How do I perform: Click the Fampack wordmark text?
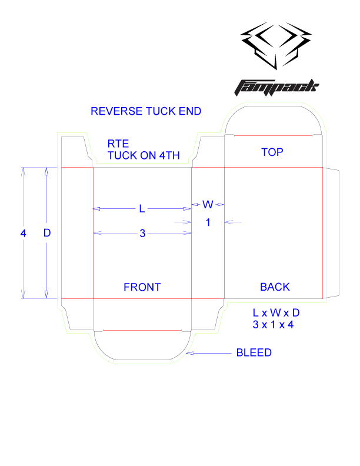pyautogui.click(x=276, y=86)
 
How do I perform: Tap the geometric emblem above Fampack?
pyautogui.click(x=277, y=45)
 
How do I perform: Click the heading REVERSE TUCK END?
pyautogui.click(x=146, y=111)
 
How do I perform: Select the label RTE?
pyautogui.click(x=118, y=144)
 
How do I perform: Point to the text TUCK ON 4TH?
pyautogui.click(x=144, y=155)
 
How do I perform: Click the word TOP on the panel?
pyautogui.click(x=272, y=152)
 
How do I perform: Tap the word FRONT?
pyautogui.click(x=142, y=287)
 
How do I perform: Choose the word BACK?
pyautogui.click(x=275, y=287)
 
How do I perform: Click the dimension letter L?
pyautogui.click(x=142, y=208)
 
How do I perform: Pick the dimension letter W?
pyautogui.click(x=208, y=204)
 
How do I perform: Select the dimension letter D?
pyautogui.click(x=47, y=233)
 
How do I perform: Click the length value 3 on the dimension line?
pyautogui.click(x=142, y=234)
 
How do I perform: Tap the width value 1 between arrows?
pyautogui.click(x=208, y=222)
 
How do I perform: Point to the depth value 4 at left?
pyautogui.click(x=24, y=233)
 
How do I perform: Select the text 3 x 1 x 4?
pyautogui.click(x=273, y=324)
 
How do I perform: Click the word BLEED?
pyautogui.click(x=254, y=353)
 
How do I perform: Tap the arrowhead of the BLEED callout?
pyautogui.click(x=189, y=353)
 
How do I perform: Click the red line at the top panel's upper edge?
pyautogui.click(x=272, y=136)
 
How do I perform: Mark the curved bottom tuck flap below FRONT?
pyautogui.click(x=142, y=347)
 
